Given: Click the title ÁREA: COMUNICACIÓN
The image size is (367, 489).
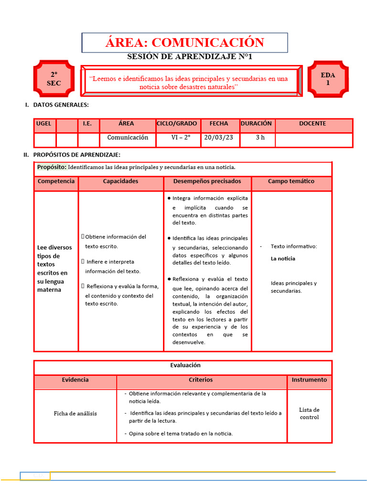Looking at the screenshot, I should pos(184,43).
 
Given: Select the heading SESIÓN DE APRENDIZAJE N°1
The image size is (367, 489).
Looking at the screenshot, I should pos(189,57).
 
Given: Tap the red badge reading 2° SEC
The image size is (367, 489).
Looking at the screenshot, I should pos(54,79).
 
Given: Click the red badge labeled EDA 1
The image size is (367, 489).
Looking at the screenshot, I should pos(328,79).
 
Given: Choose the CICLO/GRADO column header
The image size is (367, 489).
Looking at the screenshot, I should pos(177,124).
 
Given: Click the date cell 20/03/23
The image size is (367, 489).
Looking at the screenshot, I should pos(219,138).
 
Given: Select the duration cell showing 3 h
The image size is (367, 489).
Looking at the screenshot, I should pos(260,138).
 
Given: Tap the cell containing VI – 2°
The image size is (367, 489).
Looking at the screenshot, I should pos(180,138).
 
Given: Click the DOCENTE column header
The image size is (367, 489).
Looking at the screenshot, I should pos(313,124).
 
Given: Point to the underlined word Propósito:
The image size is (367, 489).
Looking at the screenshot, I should pos(52,167).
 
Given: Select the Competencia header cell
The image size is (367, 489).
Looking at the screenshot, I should pos(56,181).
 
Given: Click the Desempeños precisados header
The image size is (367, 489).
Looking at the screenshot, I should pos(207,181).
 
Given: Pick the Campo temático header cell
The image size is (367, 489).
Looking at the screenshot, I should pos(291,181).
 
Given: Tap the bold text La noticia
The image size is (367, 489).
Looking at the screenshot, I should pos(283,259).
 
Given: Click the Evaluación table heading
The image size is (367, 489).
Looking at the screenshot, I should pos(185,365).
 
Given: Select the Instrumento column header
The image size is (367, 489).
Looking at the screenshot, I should pos(309,380).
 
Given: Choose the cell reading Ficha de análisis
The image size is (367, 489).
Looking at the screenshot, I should pos(75,414).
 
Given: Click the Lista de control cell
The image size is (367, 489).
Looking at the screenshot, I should pos(309,414).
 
